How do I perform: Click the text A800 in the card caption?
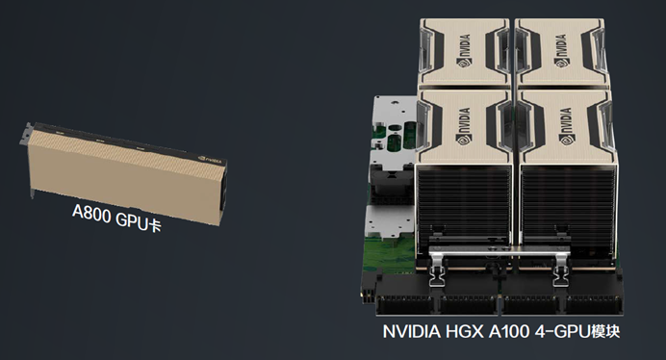click(x=90, y=214)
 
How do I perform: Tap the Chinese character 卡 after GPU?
click(x=155, y=225)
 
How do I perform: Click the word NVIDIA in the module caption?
click(x=412, y=331)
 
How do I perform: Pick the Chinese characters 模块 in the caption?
click(x=605, y=331)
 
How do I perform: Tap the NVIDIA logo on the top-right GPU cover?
click(x=561, y=51)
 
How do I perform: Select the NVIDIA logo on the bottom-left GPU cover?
click(x=464, y=126)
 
